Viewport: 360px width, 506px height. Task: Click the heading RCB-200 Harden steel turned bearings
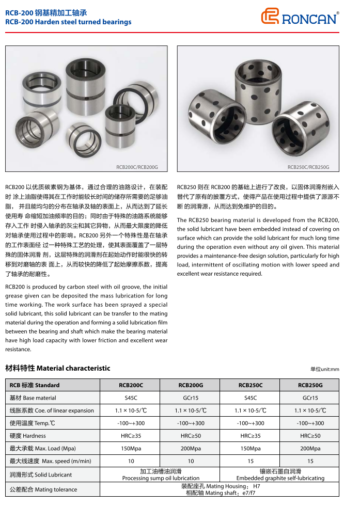[x=68, y=22]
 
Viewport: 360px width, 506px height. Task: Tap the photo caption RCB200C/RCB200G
[x=137, y=167]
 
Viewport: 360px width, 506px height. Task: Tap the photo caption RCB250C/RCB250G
[x=308, y=167]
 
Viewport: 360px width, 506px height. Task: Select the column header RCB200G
[x=191, y=385]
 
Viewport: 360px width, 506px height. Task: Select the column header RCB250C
[x=251, y=385]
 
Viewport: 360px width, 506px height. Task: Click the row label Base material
[x=33, y=398]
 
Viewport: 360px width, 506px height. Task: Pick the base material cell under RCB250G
[x=310, y=398]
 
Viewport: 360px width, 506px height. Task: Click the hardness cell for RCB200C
[x=131, y=436]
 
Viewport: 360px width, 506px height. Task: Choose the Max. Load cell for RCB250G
[x=310, y=449]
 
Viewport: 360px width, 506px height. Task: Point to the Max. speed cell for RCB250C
[x=251, y=461]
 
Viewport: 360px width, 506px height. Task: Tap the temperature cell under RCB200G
[x=191, y=423]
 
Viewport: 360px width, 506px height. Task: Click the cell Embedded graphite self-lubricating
[x=280, y=475]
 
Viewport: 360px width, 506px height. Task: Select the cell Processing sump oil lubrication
[x=161, y=475]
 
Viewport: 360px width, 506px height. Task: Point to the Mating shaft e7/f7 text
[x=221, y=493]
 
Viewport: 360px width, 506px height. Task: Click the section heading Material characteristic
[x=58, y=369]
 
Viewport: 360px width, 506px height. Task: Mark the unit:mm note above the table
[x=324, y=369]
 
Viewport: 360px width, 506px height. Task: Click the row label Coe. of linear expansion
[x=52, y=410]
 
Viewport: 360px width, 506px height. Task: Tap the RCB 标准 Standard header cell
[x=35, y=385]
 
